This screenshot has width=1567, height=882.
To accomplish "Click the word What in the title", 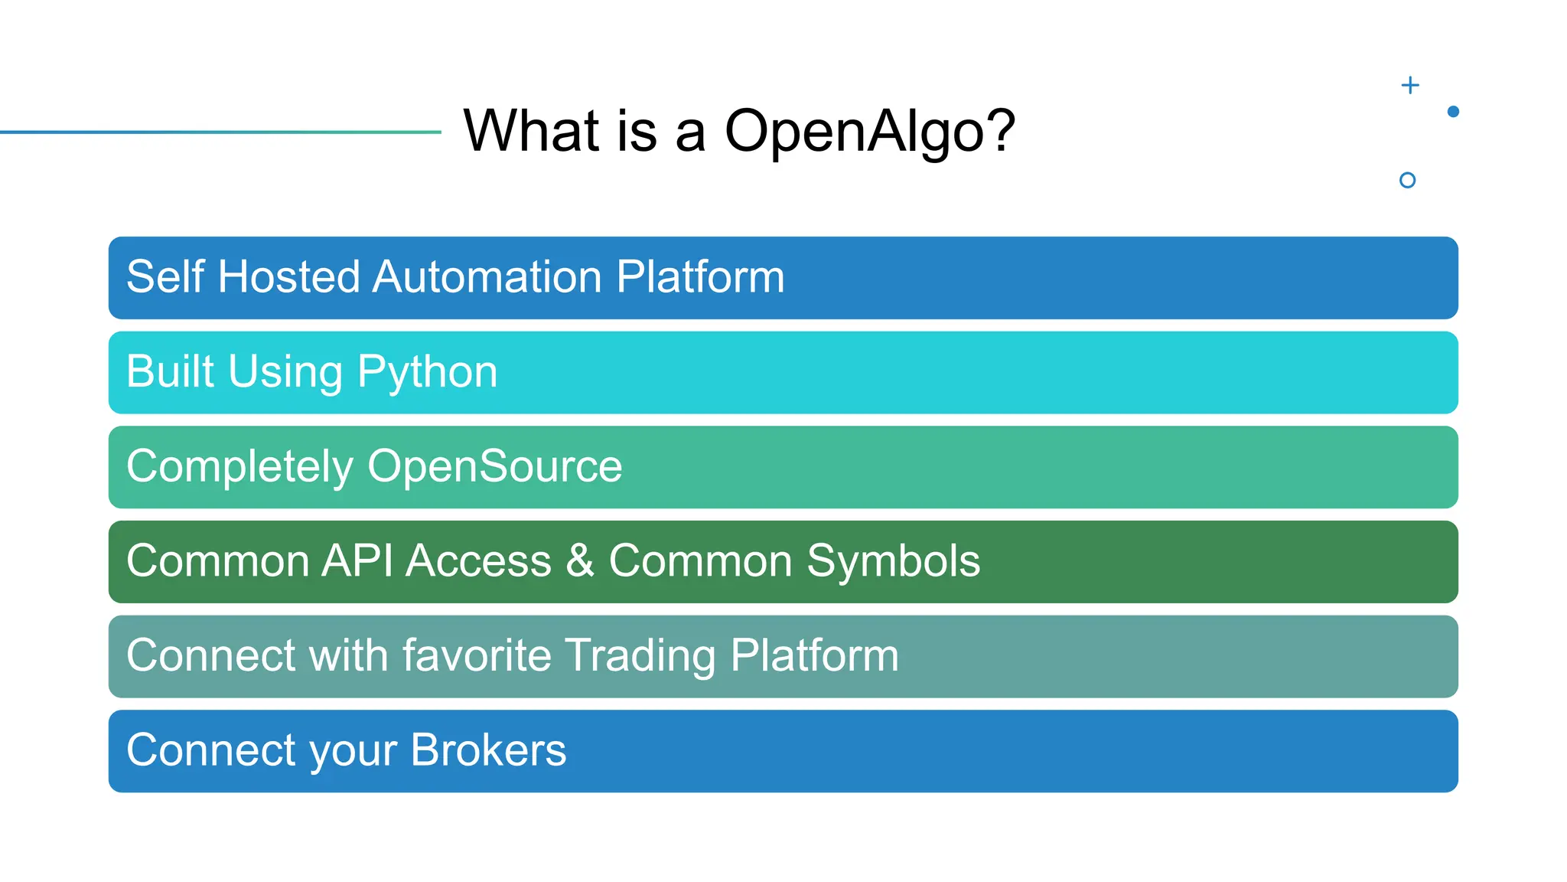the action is [531, 130].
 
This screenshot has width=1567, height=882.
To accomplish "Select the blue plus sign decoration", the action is [1410, 85].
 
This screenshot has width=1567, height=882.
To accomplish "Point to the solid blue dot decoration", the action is [1453, 112].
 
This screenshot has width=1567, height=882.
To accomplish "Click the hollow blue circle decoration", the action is [1407, 180].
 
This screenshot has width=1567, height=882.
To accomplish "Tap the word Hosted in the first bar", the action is [288, 276].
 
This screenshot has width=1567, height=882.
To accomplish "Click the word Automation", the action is [487, 276].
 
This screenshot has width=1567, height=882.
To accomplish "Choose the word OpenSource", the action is [494, 466].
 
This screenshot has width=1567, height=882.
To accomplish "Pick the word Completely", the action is [239, 466].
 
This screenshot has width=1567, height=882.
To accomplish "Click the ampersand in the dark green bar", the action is [580, 560].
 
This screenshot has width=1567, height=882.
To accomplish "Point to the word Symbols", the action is [893, 562].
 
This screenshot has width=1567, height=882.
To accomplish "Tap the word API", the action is [357, 560].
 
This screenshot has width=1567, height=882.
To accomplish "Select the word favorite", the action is [476, 655].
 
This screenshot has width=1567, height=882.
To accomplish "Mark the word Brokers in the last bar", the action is [488, 750].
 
